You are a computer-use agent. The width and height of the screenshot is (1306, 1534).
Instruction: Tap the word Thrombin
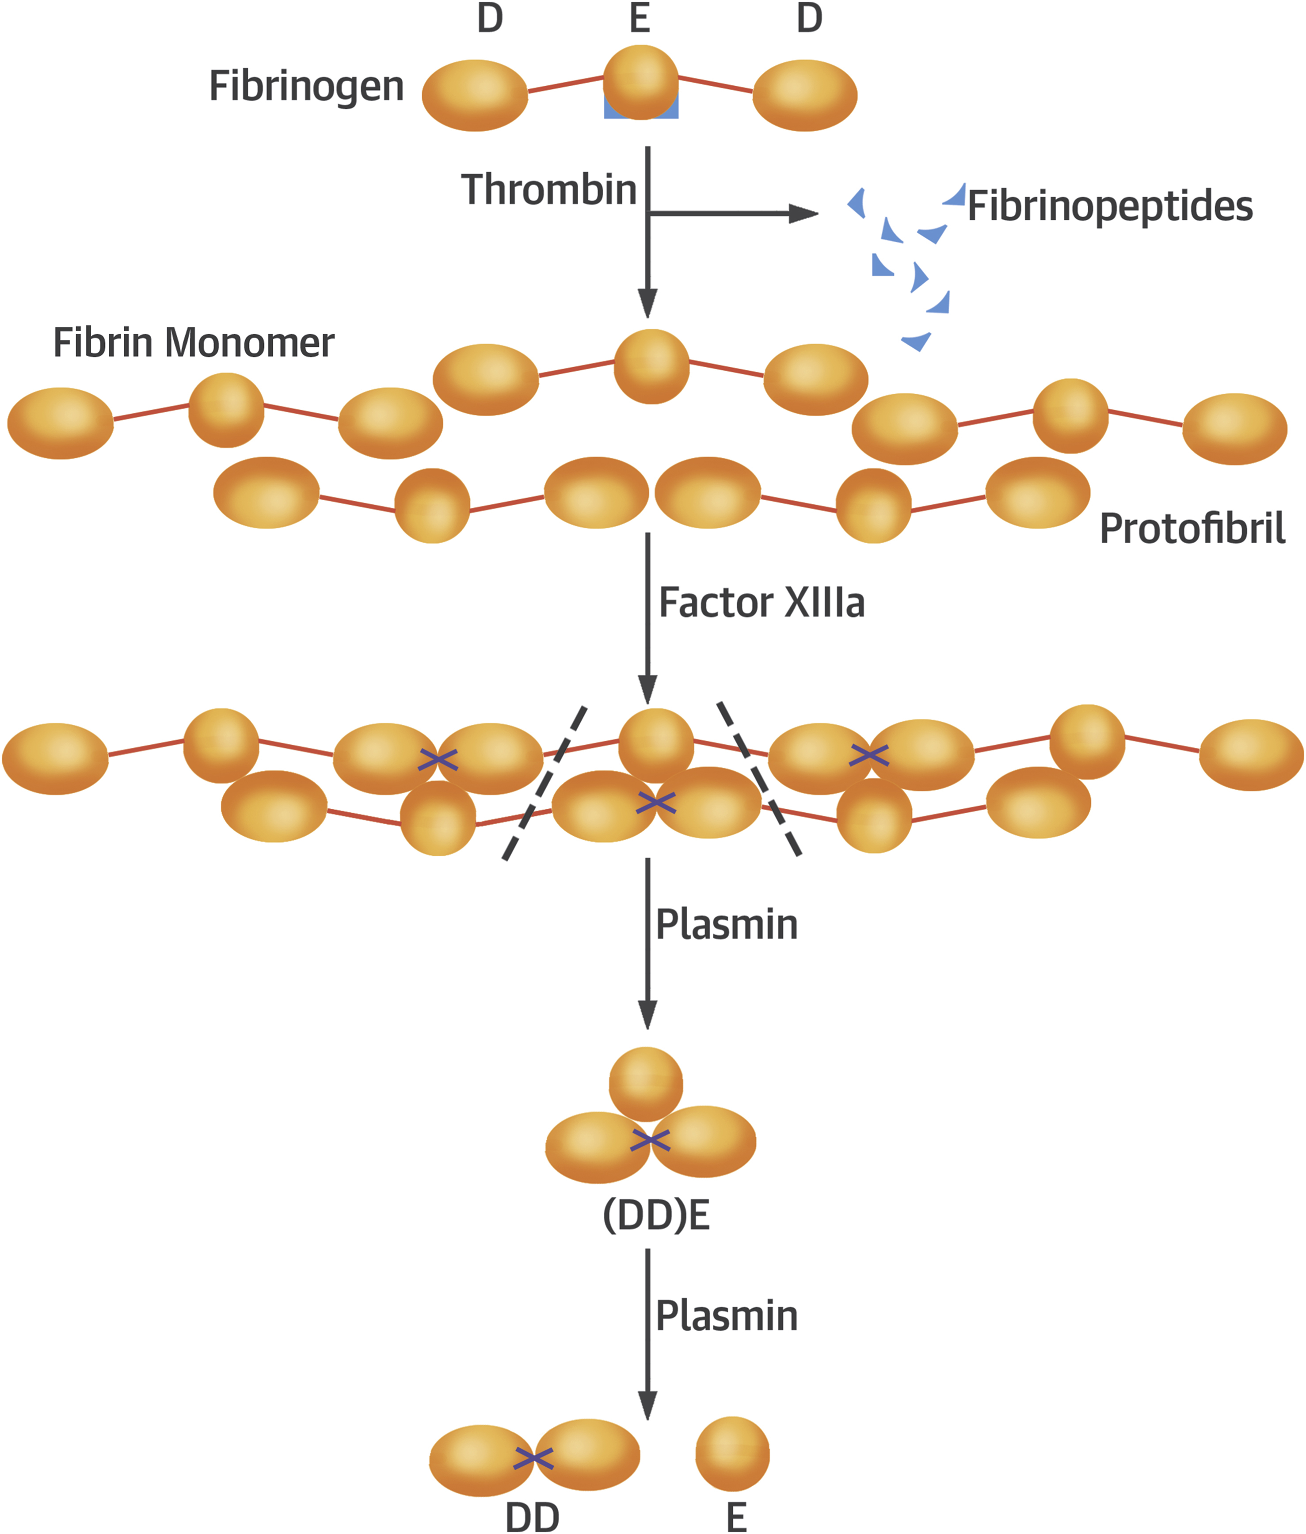(548, 190)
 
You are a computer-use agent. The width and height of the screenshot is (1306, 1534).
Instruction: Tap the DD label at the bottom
(532, 1518)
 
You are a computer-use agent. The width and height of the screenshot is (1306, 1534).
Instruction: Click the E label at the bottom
(736, 1518)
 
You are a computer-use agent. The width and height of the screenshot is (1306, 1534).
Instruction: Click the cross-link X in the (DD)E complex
(650, 1141)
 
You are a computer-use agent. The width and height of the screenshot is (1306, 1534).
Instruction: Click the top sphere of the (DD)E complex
(646, 1084)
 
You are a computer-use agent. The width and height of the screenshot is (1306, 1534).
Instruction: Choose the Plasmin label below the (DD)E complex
(726, 1316)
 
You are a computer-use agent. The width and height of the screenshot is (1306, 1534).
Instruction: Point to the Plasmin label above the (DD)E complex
(726, 925)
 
